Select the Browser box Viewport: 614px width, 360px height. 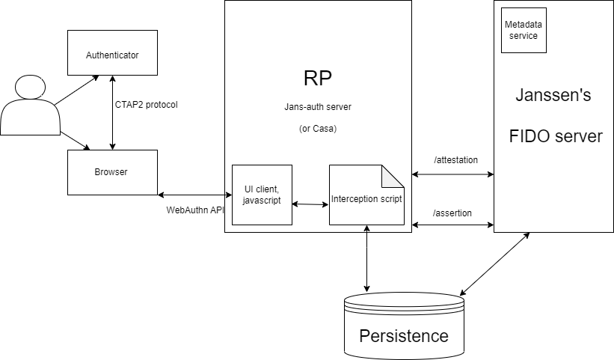(112, 172)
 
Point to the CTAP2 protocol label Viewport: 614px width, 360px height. (146, 104)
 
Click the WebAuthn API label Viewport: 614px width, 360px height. (195, 210)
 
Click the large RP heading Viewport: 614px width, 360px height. (318, 79)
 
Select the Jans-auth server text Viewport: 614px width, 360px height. (319, 107)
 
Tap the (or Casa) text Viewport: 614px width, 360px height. (319, 128)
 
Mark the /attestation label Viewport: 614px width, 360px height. (455, 160)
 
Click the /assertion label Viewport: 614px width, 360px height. (452, 213)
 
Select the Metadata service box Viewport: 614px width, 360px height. (524, 31)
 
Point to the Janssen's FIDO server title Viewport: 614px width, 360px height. (555, 116)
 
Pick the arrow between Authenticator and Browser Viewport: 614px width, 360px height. (112, 112)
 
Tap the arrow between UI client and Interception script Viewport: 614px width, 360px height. (310, 203)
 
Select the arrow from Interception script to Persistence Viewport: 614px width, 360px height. (366, 258)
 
